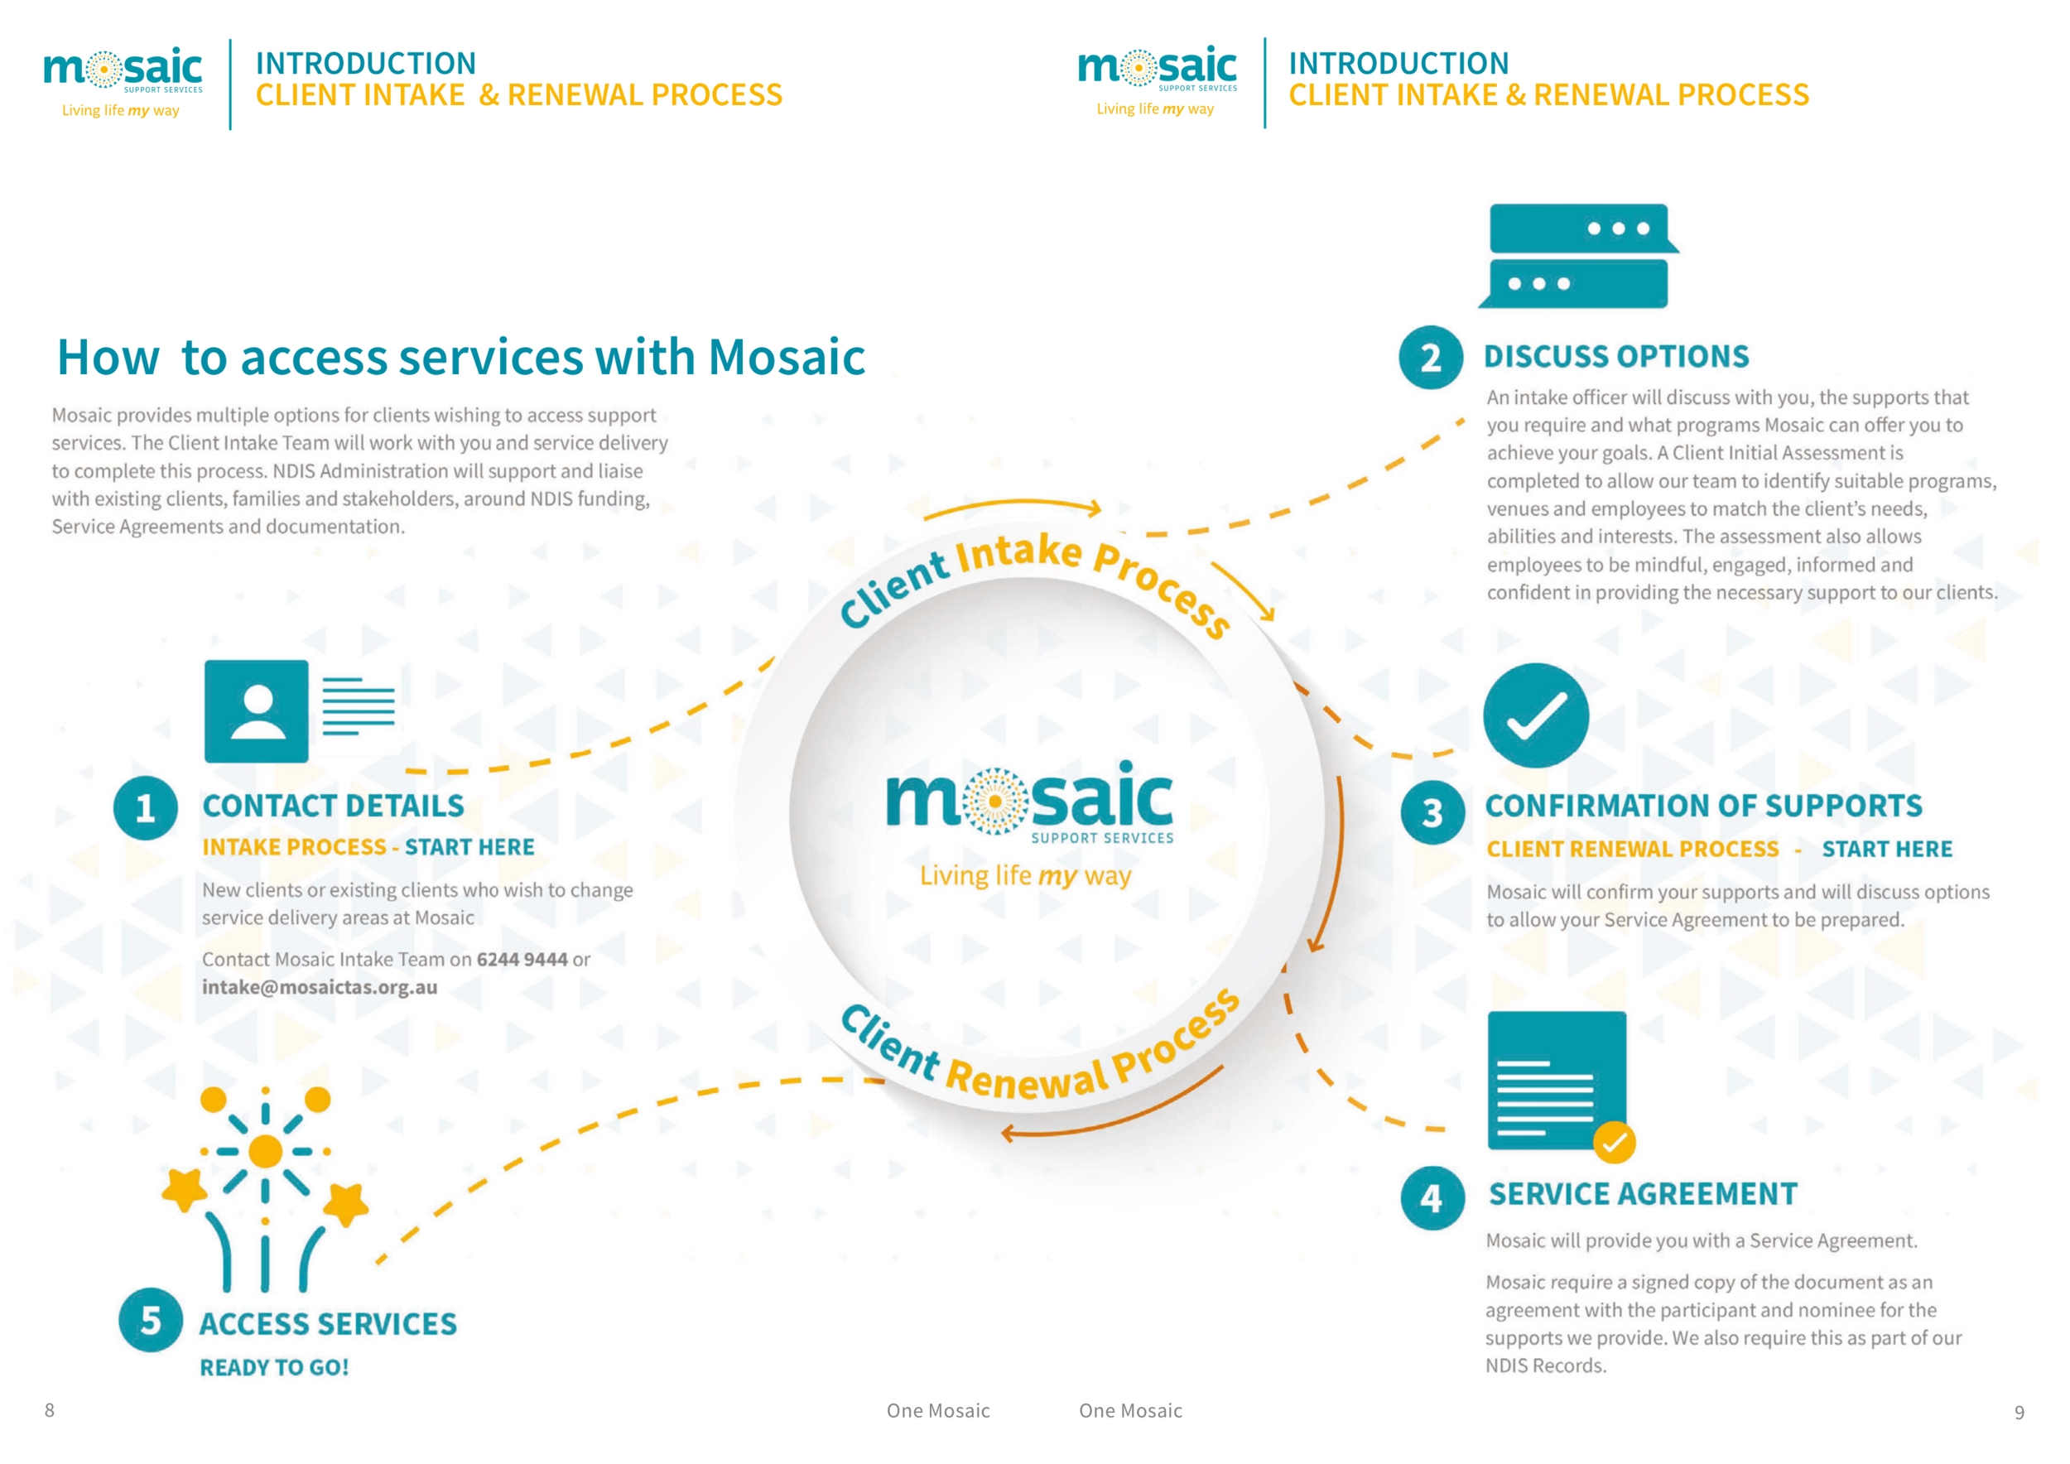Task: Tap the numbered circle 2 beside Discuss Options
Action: coord(1431,358)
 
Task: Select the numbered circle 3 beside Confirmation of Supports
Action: coord(1432,813)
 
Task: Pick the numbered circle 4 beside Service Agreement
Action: coord(1432,1198)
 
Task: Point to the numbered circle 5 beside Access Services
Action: coord(151,1320)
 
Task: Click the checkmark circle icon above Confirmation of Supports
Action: coord(1535,715)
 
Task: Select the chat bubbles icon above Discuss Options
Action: coord(1577,256)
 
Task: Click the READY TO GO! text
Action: coord(274,1368)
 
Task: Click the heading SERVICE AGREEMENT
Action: coord(1642,1194)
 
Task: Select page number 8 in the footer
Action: coord(50,1410)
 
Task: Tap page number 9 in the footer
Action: coord(2019,1413)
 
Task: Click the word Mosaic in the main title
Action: coord(786,357)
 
